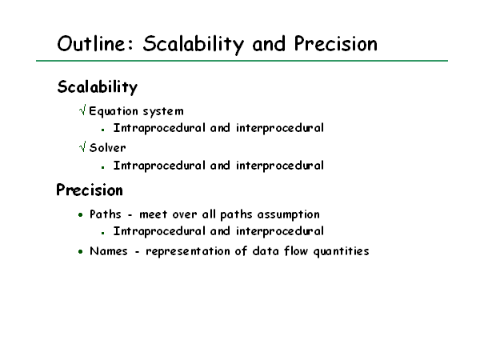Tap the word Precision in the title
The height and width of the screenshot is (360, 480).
336,43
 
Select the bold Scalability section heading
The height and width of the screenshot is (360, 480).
98,87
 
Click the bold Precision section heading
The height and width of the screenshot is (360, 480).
90,190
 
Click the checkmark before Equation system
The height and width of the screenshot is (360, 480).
82,110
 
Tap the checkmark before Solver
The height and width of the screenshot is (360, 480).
82,146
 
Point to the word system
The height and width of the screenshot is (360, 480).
163,112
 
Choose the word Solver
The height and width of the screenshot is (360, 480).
107,148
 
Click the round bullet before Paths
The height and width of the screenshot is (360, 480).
81,215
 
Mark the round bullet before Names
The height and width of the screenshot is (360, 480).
81,252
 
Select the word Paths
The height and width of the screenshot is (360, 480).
106,214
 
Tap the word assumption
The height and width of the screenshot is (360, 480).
288,215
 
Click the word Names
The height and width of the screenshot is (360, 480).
109,251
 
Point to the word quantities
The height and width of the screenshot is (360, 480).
342,252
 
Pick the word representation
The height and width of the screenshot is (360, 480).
188,252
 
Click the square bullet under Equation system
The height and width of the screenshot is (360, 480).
103,130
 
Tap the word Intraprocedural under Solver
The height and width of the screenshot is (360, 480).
159,166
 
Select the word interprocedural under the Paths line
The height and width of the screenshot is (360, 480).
280,231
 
